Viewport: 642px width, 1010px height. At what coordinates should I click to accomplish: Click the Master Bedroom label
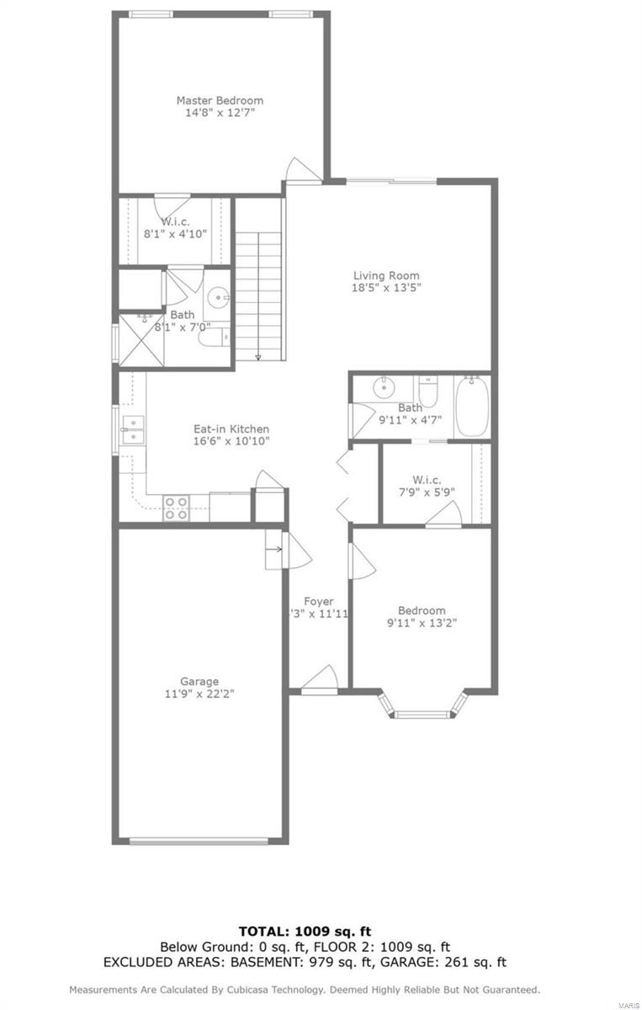coord(220,100)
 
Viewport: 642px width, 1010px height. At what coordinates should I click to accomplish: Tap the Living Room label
coord(386,275)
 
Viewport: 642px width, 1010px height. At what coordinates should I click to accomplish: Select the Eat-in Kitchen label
coord(231,428)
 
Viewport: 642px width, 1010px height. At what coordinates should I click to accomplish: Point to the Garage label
coord(199,681)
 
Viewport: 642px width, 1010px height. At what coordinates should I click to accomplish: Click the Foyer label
coord(319,601)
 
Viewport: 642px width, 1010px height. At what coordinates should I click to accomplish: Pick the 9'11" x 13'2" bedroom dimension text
coord(422,623)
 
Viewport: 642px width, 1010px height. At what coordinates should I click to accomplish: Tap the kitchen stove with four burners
coord(176,508)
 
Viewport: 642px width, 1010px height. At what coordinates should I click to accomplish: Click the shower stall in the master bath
coord(140,339)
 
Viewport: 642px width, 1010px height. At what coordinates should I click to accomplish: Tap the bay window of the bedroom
coord(423,712)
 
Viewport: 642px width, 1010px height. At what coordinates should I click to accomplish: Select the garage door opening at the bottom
coord(200,839)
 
